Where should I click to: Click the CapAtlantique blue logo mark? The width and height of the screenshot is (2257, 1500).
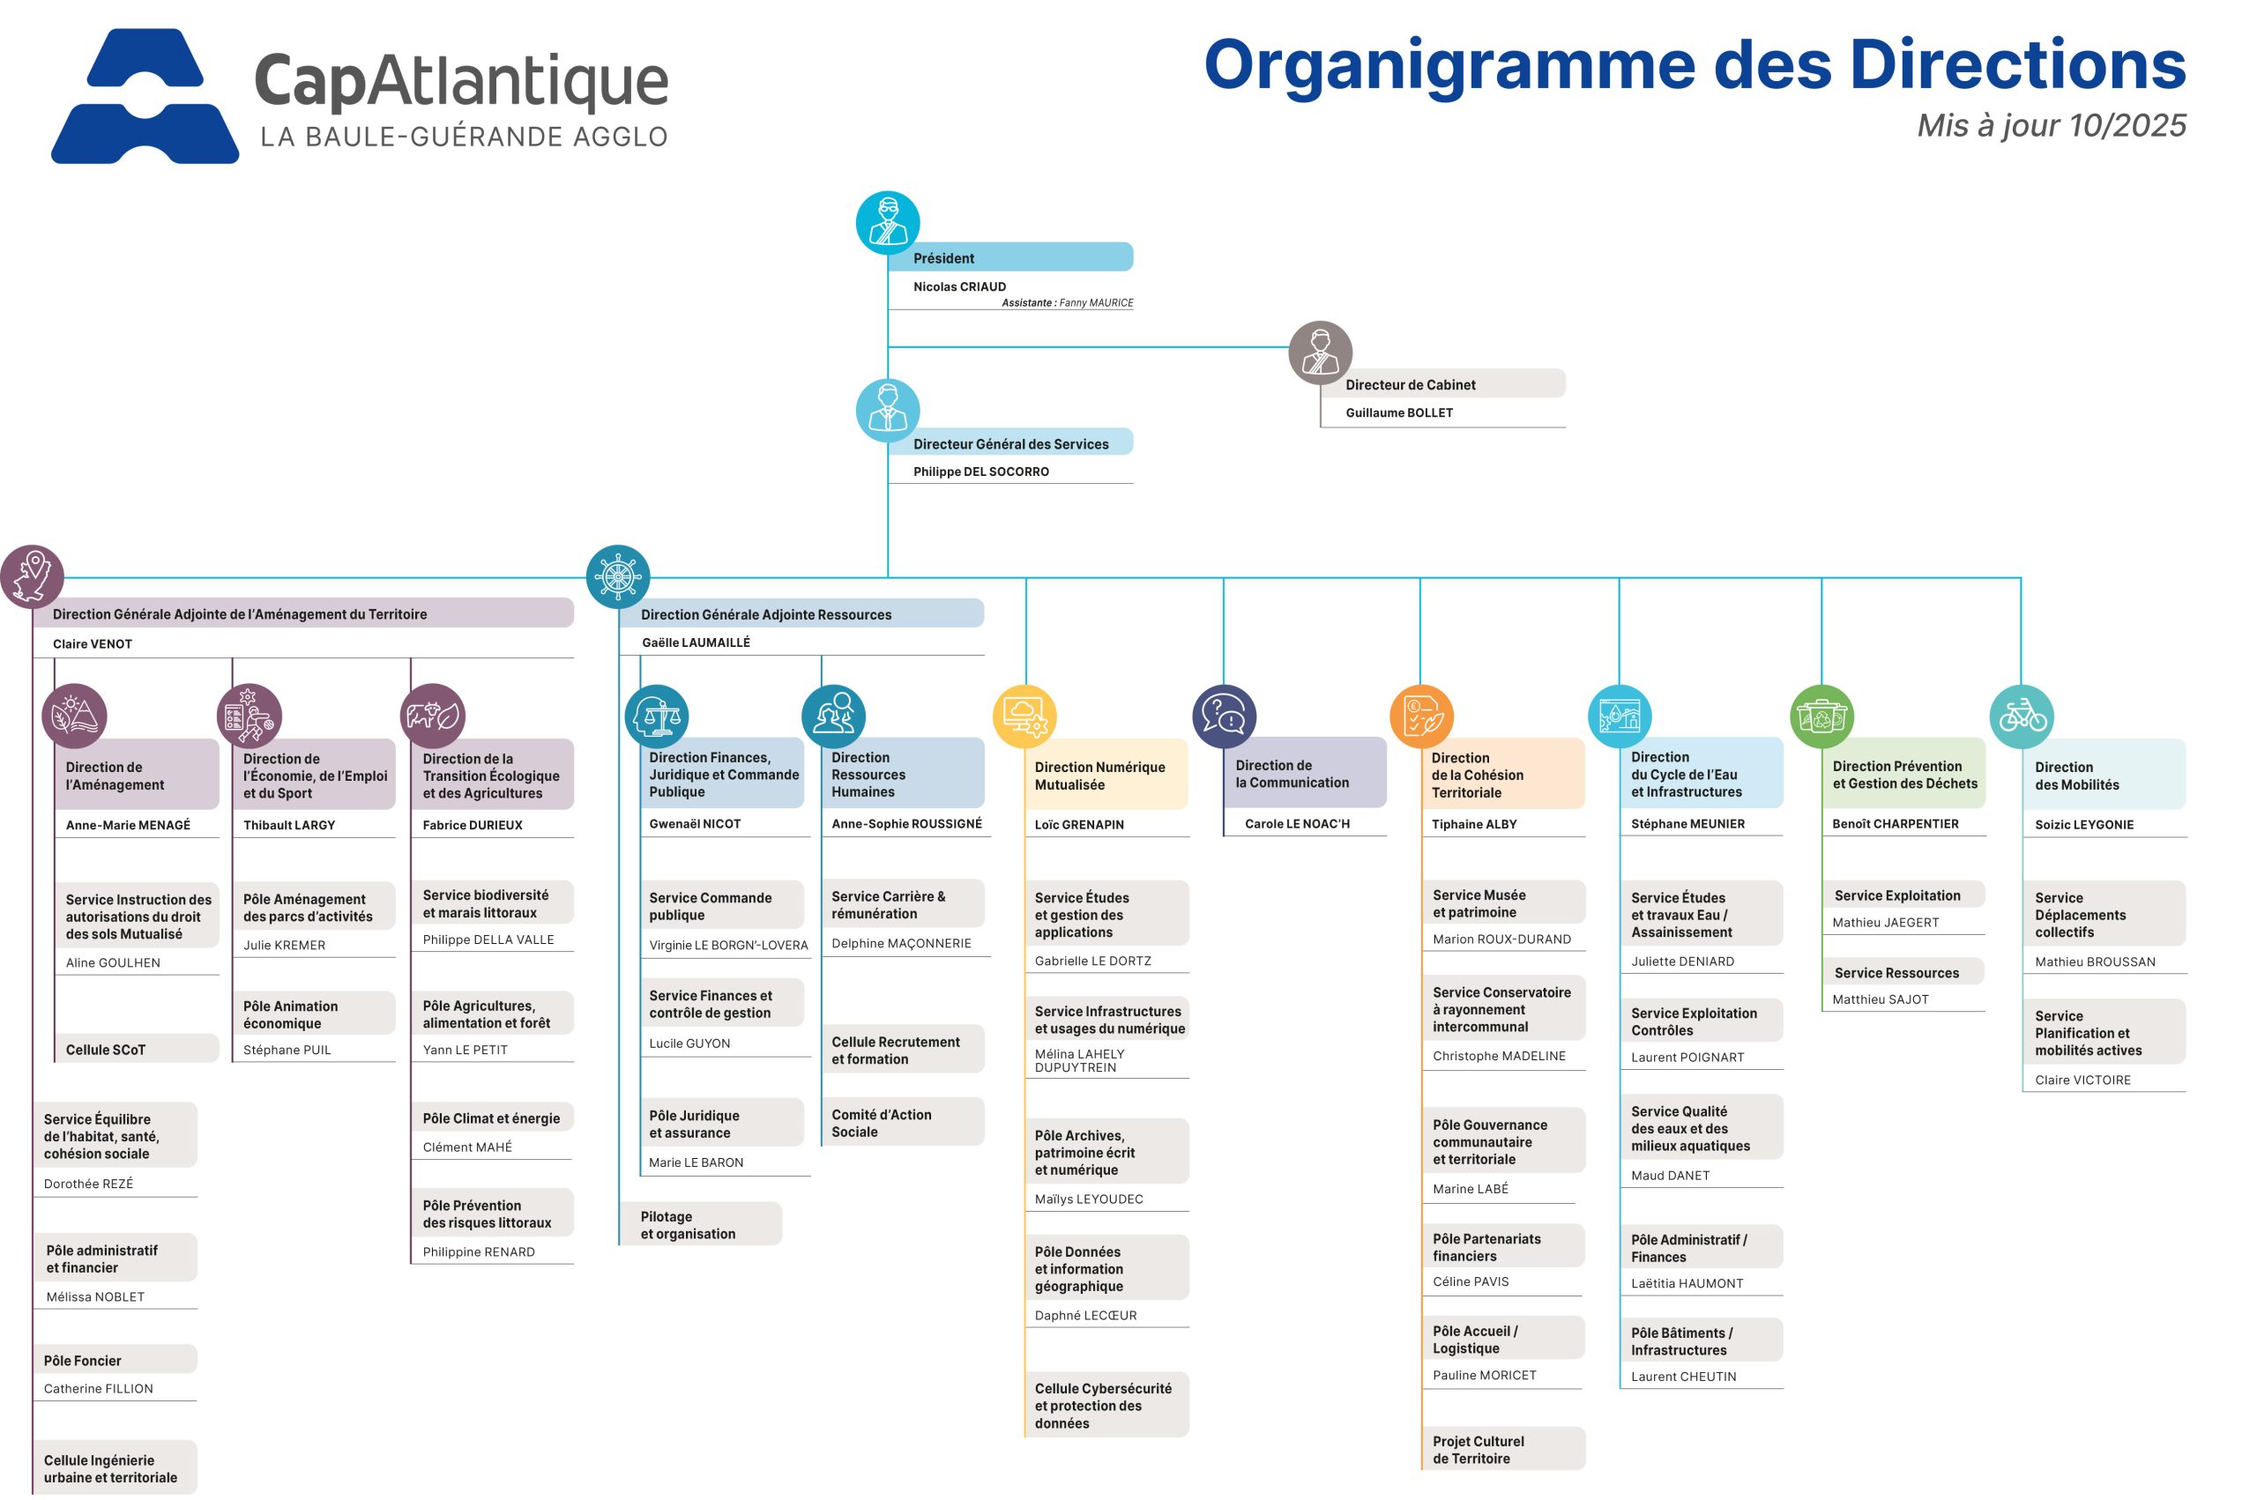coord(145,96)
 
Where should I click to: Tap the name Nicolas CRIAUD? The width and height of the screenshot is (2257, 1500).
coord(958,286)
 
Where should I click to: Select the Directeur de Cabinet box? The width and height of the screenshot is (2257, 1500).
coord(1441,383)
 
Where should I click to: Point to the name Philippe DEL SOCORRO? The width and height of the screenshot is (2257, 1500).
coord(980,471)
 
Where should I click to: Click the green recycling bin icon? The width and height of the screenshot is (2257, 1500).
coord(1821,716)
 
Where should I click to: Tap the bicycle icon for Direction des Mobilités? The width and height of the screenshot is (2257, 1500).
coord(2021,716)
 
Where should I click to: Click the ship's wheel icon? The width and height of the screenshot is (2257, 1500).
coord(617,577)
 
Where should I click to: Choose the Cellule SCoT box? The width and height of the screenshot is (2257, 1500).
coord(136,1049)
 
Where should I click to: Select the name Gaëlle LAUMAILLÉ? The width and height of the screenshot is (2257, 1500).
coord(696,642)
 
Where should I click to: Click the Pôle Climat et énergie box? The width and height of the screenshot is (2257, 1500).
coord(491,1118)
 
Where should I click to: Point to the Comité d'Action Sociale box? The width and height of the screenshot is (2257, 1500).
coord(901,1122)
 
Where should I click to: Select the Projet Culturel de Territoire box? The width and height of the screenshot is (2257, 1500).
coord(1501,1448)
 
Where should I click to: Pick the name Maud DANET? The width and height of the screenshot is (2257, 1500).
coord(1670,1175)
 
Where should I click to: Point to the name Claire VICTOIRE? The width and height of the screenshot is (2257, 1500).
coord(2082,1079)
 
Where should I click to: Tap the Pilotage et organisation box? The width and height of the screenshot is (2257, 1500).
coord(698,1224)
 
